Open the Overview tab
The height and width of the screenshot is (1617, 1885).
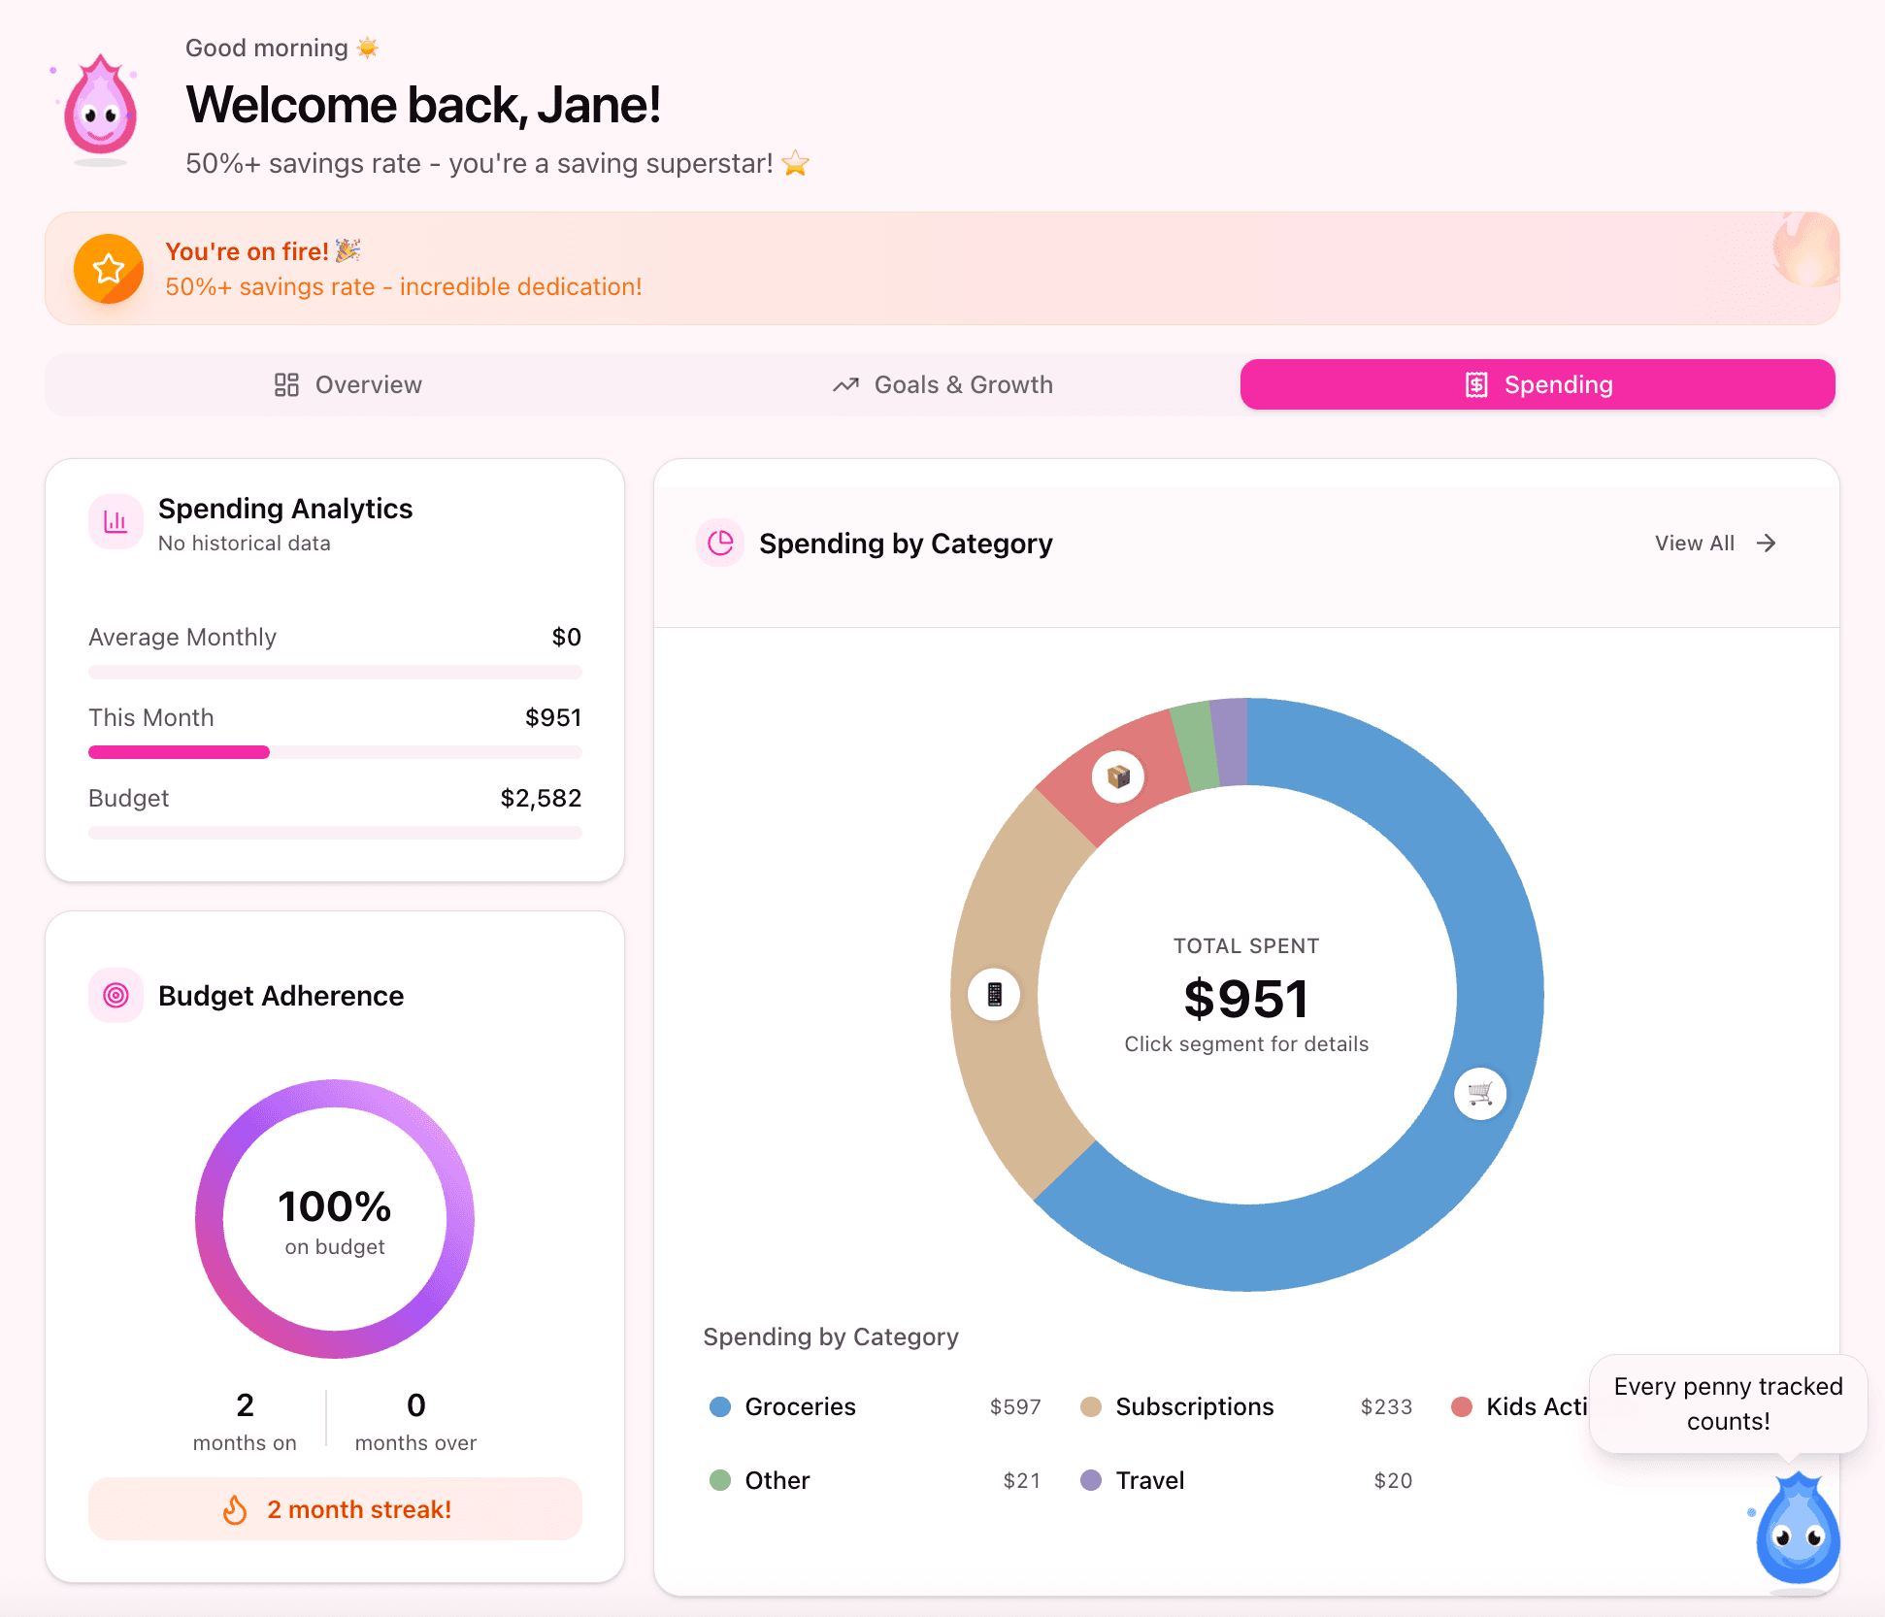tap(348, 385)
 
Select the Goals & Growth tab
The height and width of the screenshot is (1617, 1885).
tap(942, 385)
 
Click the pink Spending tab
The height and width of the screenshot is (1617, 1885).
tap(1538, 385)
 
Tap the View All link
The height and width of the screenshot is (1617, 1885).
tap(1714, 544)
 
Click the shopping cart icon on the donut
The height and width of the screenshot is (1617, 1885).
tap(1479, 1094)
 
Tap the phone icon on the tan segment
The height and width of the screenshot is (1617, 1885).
tap(994, 995)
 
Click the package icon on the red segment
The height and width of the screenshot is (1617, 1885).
tap(1118, 776)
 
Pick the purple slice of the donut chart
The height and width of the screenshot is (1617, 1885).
tap(1230, 742)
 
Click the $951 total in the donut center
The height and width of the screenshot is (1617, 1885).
tap(1246, 999)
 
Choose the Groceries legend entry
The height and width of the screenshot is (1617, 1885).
tap(800, 1407)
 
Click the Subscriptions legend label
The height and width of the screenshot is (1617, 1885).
tap(1194, 1407)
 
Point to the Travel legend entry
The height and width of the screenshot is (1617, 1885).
tap(1149, 1481)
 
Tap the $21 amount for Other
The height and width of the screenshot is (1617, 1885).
tap(1021, 1481)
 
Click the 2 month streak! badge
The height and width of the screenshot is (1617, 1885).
tap(335, 1509)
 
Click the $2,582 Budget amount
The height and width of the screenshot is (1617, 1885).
tap(541, 799)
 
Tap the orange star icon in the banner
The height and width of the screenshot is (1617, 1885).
tap(109, 269)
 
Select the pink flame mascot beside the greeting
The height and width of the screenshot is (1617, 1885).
tap(100, 109)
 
